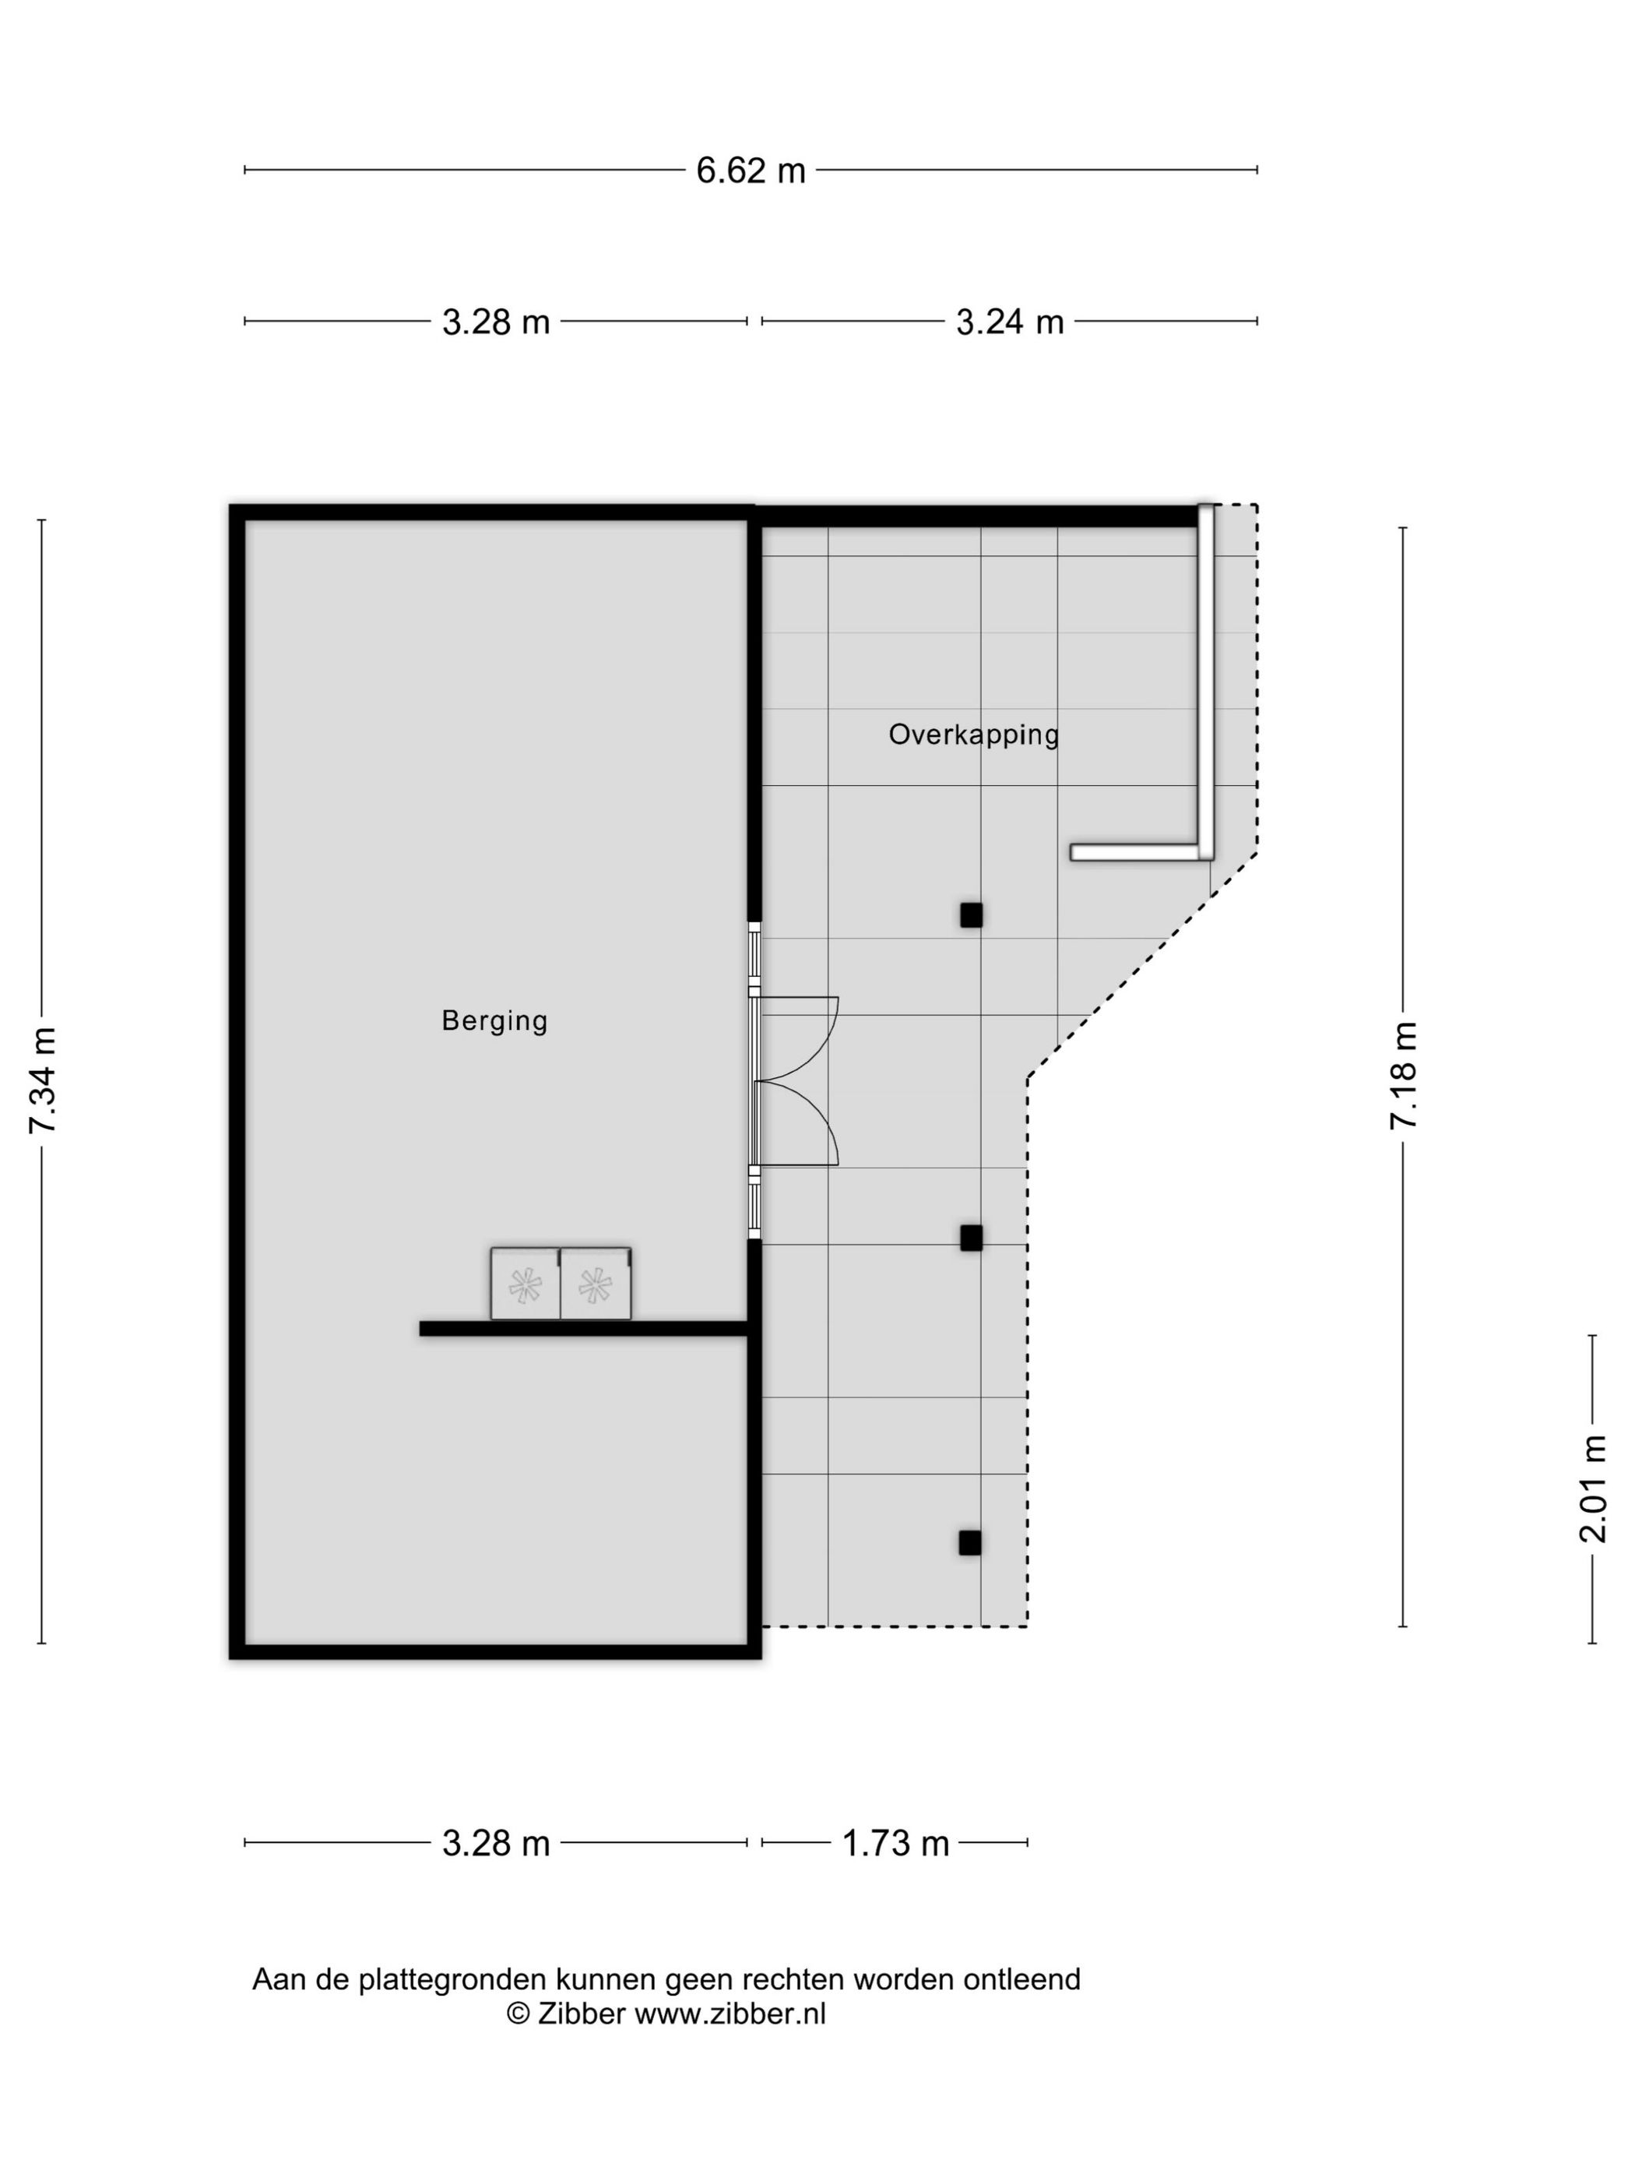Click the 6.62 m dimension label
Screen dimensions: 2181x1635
(750, 170)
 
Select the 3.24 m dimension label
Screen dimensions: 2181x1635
(1009, 322)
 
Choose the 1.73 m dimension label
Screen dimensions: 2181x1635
(895, 1843)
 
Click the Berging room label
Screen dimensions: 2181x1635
(494, 1020)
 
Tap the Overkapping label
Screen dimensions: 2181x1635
(972, 735)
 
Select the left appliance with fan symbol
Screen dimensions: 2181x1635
(526, 1284)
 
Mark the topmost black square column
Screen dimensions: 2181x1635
(972, 915)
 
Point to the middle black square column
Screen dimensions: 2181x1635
(972, 1238)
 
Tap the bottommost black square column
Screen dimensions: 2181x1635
(970, 1543)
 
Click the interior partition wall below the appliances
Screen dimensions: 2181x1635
(583, 1329)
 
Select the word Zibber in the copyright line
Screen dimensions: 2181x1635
(582, 2014)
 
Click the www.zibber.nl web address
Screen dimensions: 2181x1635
(730, 2014)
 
